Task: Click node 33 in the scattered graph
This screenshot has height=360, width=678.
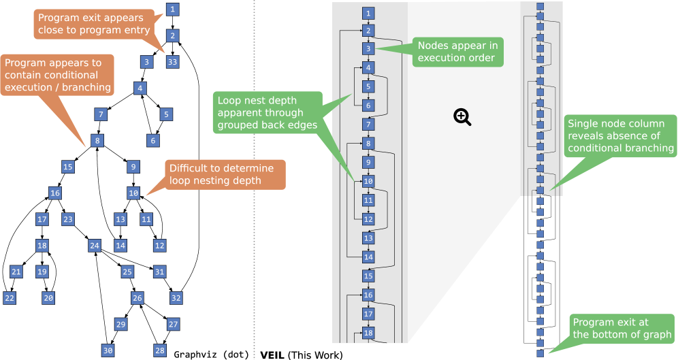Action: [x=172, y=62]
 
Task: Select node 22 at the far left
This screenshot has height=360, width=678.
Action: [x=10, y=298]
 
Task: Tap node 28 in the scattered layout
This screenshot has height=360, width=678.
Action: [x=160, y=350]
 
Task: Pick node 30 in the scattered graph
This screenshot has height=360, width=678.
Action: [x=108, y=350]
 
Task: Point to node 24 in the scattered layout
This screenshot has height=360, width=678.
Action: [x=95, y=246]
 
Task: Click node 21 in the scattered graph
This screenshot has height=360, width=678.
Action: [x=16, y=272]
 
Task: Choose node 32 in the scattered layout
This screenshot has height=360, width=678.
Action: [x=176, y=298]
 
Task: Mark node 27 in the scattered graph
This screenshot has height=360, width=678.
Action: [x=173, y=324]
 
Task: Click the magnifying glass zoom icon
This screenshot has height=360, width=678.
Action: [x=462, y=117]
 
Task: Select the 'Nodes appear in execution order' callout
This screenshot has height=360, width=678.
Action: [x=457, y=52]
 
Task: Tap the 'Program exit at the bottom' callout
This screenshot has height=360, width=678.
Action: [x=621, y=328]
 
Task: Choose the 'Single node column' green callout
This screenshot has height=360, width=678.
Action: [x=620, y=135]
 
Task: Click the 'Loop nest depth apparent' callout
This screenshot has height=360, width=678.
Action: [x=266, y=113]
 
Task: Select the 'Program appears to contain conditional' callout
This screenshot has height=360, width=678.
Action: [x=57, y=75]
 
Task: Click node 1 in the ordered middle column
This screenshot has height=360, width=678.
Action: [x=368, y=14]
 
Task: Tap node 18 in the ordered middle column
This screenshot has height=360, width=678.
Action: [x=368, y=333]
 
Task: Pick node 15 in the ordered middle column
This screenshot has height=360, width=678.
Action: [x=368, y=276]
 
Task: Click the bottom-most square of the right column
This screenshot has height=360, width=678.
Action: [x=540, y=353]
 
